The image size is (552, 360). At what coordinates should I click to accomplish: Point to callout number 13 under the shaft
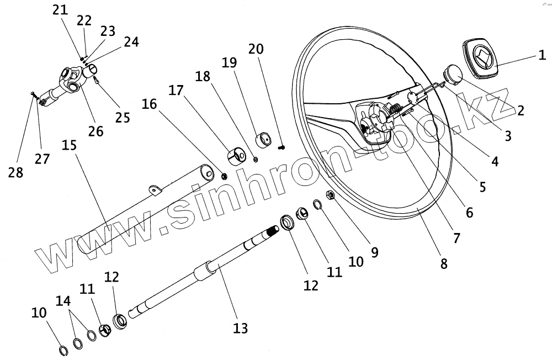pyautogui.click(x=240, y=328)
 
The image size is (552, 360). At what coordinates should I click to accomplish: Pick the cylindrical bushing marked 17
pyautogui.click(x=236, y=156)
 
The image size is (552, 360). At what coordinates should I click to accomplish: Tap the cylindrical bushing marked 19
pyautogui.click(x=264, y=139)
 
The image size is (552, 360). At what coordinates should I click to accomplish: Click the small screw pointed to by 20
pyautogui.click(x=282, y=147)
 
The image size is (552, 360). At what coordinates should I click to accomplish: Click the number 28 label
pyautogui.click(x=16, y=172)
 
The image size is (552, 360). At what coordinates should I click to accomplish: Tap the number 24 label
pyautogui.click(x=131, y=41)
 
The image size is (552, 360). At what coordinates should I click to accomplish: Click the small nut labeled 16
pyautogui.click(x=225, y=176)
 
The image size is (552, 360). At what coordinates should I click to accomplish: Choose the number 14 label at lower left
pyautogui.click(x=63, y=301)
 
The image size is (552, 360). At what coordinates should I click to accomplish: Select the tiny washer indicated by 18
pyautogui.click(x=256, y=160)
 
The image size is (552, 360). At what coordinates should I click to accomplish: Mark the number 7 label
pyautogui.click(x=455, y=238)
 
